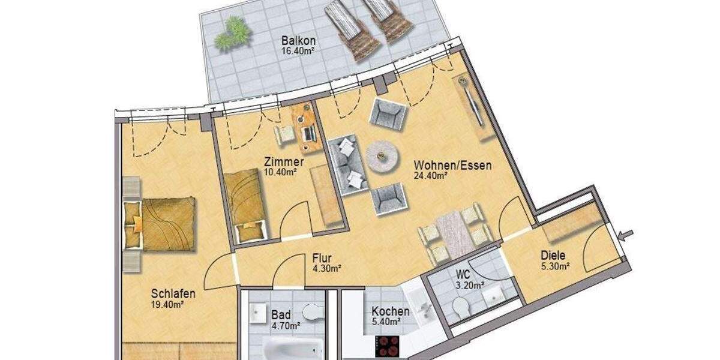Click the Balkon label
coord(298,41)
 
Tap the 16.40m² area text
coord(298,51)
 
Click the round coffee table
coord(383,156)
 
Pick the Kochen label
coord(391,311)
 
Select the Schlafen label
coord(173,293)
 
